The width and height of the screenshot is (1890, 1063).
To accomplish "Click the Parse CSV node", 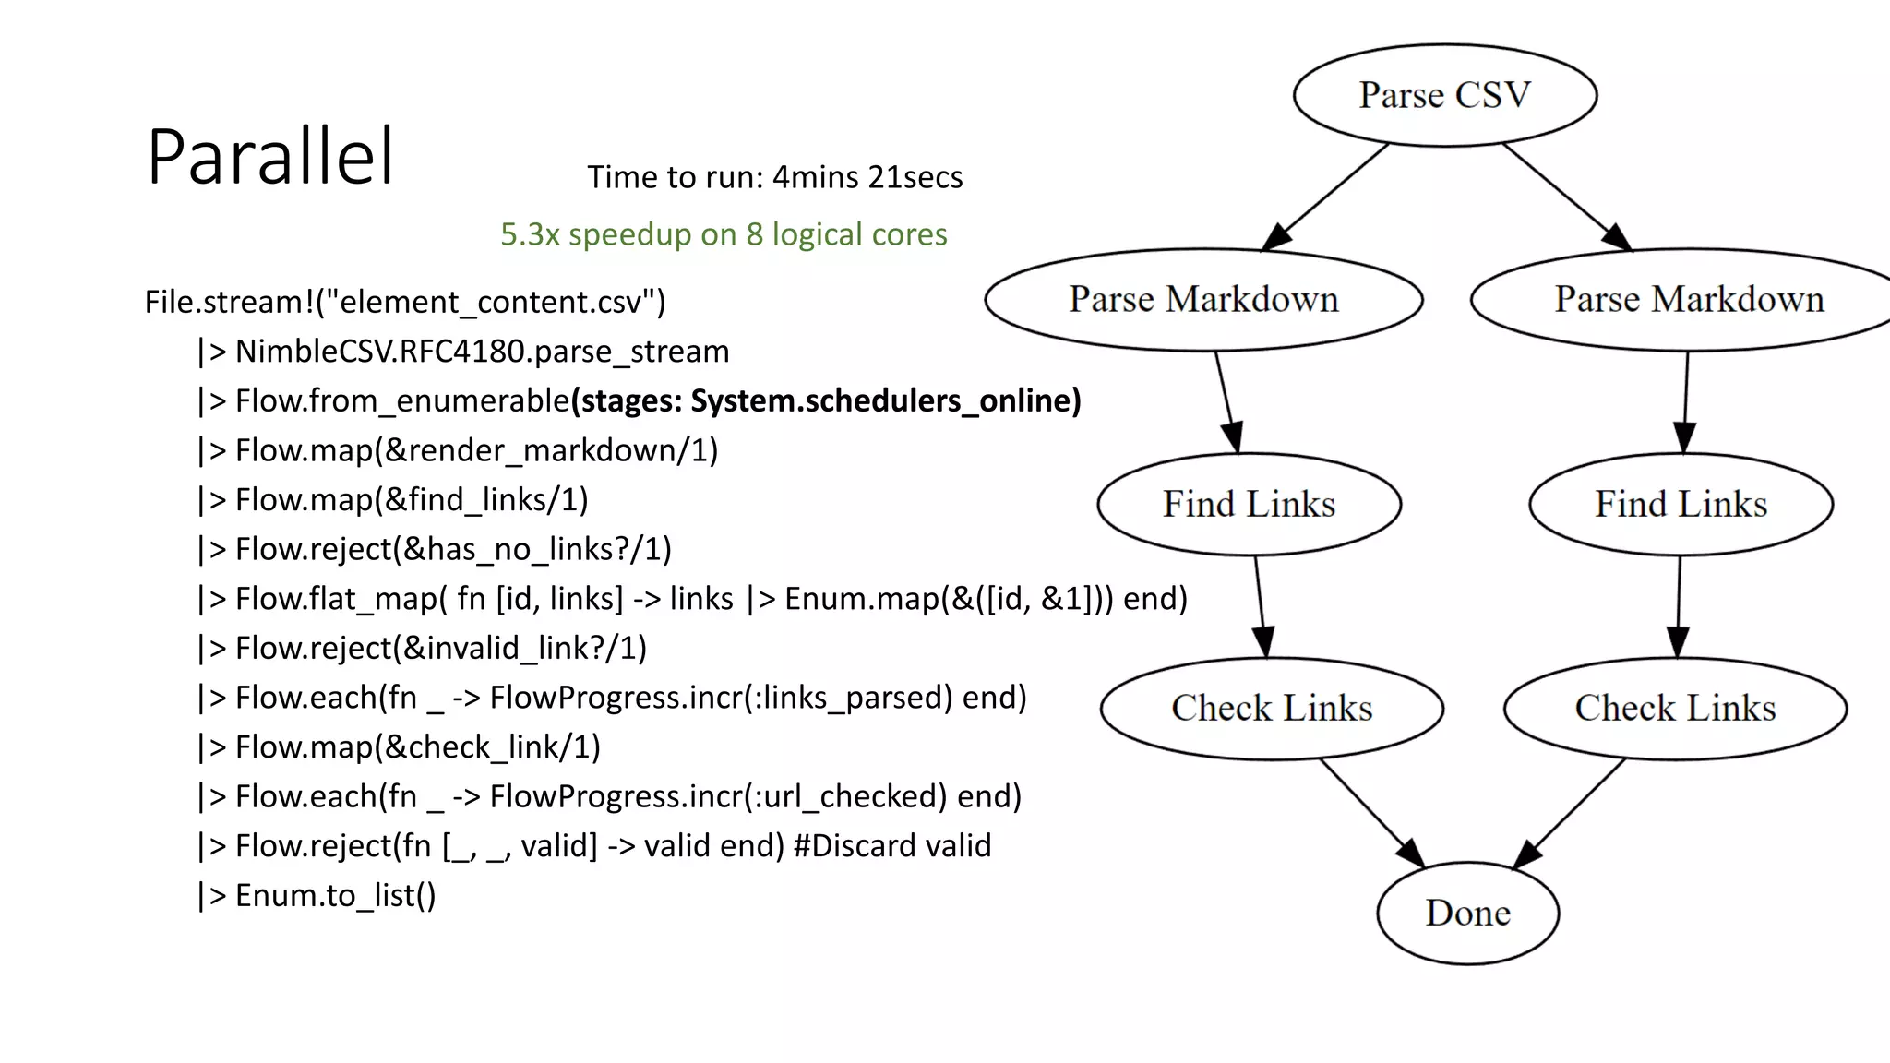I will pyautogui.click(x=1444, y=95).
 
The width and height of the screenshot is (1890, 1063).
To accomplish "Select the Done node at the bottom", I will pyautogui.click(x=1467, y=913).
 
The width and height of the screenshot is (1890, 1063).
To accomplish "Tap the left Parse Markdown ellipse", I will pyautogui.click(x=1203, y=300).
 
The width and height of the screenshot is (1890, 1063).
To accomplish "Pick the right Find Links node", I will pyautogui.click(x=1681, y=504).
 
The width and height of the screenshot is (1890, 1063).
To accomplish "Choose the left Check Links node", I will pyautogui.click(x=1272, y=708).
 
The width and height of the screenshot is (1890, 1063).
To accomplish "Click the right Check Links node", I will pyautogui.click(x=1675, y=708).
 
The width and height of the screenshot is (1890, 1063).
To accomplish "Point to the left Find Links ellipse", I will pyautogui.click(x=1249, y=504).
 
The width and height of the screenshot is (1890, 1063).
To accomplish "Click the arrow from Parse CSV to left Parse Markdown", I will pyautogui.click(x=1325, y=197).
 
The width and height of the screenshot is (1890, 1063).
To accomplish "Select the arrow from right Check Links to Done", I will pyautogui.click(x=1569, y=813).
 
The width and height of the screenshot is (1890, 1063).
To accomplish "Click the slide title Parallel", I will pyautogui.click(x=270, y=157).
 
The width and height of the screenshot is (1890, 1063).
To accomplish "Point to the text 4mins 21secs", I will pyautogui.click(x=867, y=177).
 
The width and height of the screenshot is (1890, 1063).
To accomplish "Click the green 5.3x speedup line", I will pyautogui.click(x=724, y=234).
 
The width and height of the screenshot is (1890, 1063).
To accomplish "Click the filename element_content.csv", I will pyautogui.click(x=490, y=302).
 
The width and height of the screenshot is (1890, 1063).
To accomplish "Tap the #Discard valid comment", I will pyautogui.click(x=891, y=845).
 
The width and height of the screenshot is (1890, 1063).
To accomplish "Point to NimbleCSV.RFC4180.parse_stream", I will pyautogui.click(x=482, y=352).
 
